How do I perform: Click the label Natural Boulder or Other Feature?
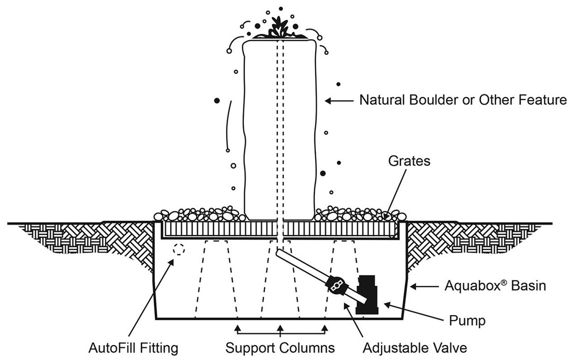pyautogui.click(x=463, y=100)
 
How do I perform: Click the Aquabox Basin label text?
pyautogui.click(x=495, y=286)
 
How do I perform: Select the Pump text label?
pyautogui.click(x=467, y=321)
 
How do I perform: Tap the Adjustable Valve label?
pyautogui.click(x=415, y=348)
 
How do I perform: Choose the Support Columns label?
pyautogui.click(x=280, y=348)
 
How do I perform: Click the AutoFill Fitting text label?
pyautogui.click(x=133, y=348)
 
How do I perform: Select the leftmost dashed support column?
pyautogui.click(x=217, y=278)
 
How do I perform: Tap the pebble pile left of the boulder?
pyautogui.click(x=199, y=215)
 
